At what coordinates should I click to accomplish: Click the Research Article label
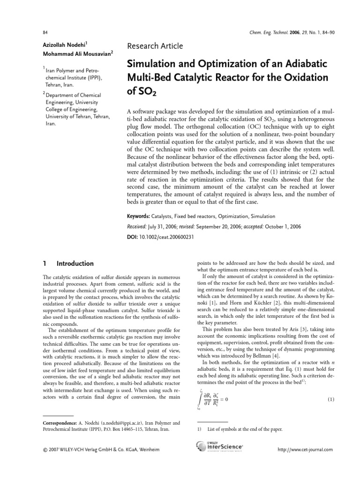155,46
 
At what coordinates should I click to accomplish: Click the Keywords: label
139,216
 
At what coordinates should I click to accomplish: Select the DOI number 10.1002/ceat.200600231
167,237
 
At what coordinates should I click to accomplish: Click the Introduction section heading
75,264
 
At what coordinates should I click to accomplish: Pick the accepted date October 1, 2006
277,226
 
